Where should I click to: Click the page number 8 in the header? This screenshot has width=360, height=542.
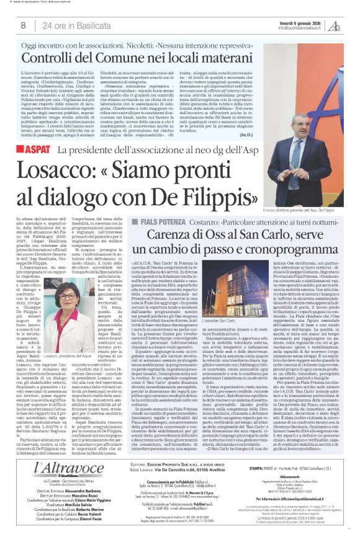(24, 25)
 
